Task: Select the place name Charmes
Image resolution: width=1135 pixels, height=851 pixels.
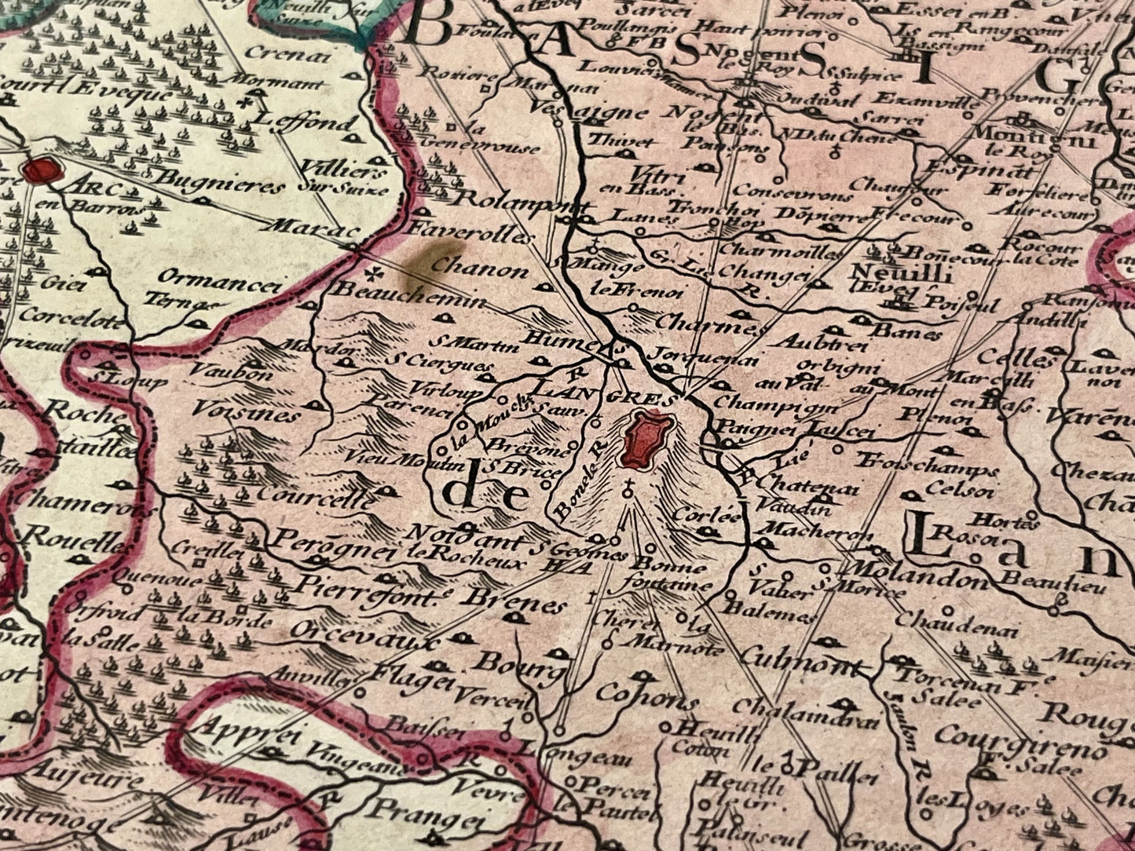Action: tap(708, 324)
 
